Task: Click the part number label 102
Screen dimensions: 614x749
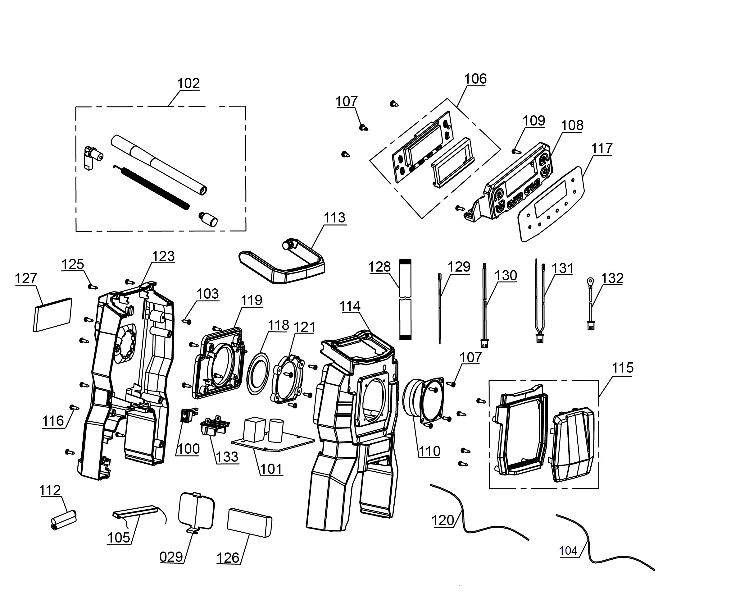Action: pos(188,84)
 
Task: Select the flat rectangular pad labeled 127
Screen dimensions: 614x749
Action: pos(53,314)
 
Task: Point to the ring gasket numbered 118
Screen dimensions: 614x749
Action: pos(258,373)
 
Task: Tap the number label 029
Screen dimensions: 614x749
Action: pos(171,557)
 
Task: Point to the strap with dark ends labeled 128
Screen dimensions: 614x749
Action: pos(405,299)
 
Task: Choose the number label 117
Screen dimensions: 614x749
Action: pos(601,149)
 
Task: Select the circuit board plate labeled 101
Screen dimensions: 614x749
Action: pos(272,438)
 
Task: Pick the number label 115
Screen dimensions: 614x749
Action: pos(622,368)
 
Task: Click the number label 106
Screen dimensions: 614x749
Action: pos(475,79)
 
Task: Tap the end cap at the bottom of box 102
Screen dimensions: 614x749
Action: pos(209,219)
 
